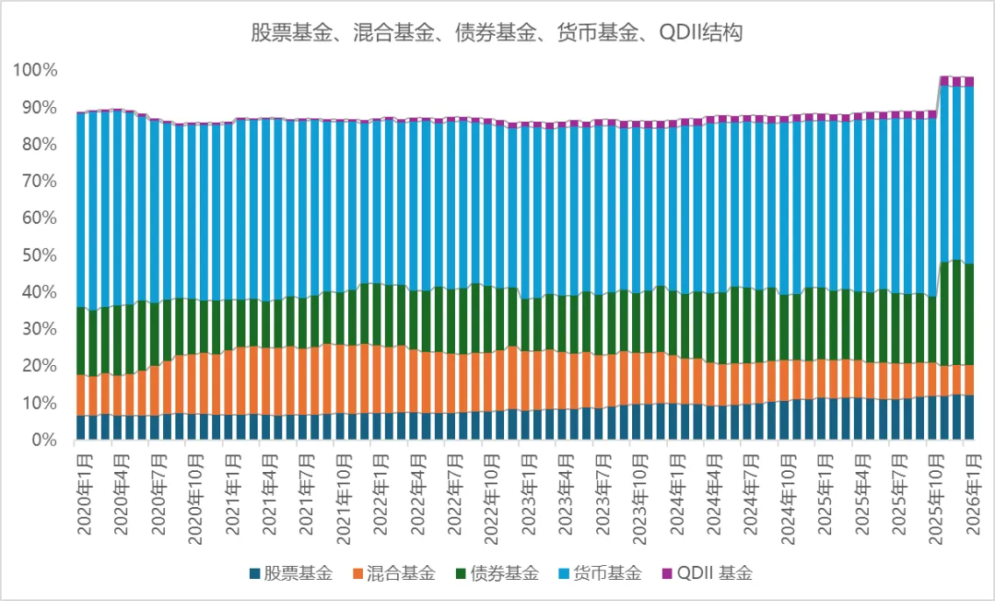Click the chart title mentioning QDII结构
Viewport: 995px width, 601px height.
[x=497, y=34]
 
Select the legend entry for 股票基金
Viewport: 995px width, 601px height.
[x=289, y=572]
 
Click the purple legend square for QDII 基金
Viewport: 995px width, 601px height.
[x=667, y=573]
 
